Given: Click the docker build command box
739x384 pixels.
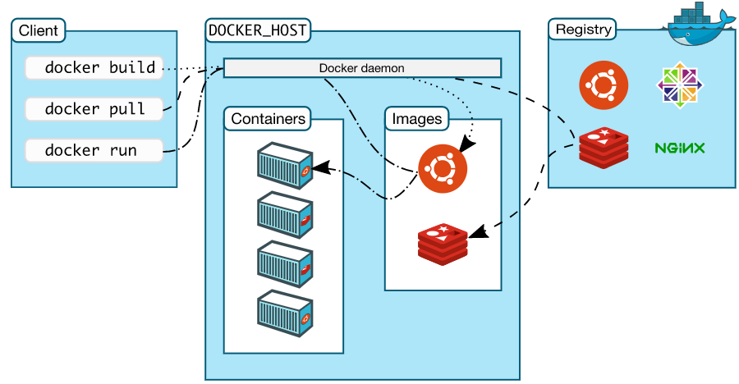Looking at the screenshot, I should point(94,68).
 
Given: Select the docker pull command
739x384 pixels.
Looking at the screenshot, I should point(94,108).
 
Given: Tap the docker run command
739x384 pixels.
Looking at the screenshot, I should point(94,151).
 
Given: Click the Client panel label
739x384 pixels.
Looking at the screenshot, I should point(39,31).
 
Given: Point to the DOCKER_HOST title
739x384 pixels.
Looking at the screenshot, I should point(258,30).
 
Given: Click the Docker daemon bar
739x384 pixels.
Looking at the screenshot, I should point(361,68).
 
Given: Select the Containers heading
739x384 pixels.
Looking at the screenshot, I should point(269,119).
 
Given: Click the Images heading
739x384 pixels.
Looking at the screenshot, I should point(416,119).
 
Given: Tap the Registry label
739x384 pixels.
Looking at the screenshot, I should point(583,30).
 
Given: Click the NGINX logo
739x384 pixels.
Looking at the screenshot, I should point(680,149).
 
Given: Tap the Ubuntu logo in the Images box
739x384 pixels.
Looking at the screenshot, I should point(442,167).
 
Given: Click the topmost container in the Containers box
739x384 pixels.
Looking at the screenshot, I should point(285,166).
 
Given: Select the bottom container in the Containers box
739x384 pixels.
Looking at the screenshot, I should point(285,313).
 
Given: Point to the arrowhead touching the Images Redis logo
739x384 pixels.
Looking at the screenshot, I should point(478,233).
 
